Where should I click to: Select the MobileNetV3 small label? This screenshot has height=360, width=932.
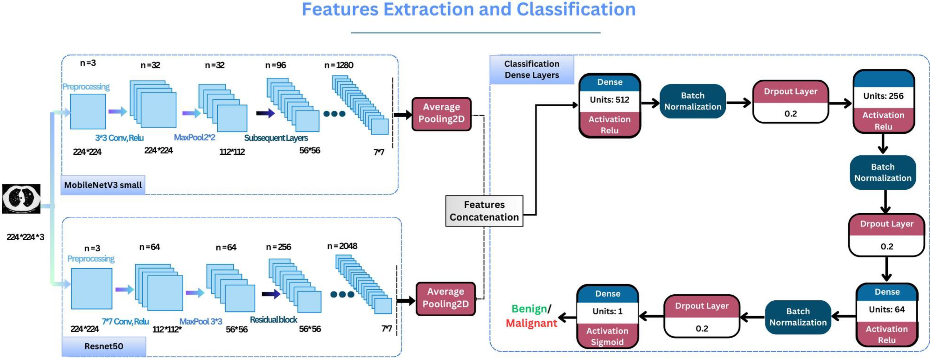(x=103, y=185)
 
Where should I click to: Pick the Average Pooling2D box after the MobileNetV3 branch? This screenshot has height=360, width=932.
(x=441, y=113)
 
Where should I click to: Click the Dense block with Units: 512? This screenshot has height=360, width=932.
(x=610, y=106)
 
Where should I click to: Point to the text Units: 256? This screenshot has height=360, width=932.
(x=883, y=96)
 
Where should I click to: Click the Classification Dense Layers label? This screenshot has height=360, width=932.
(x=532, y=70)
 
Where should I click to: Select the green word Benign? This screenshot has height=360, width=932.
(x=529, y=309)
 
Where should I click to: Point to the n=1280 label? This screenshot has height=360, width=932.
(x=339, y=65)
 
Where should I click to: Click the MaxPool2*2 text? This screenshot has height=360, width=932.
(x=195, y=138)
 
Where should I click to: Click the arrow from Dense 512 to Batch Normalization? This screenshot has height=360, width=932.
(x=650, y=103)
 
